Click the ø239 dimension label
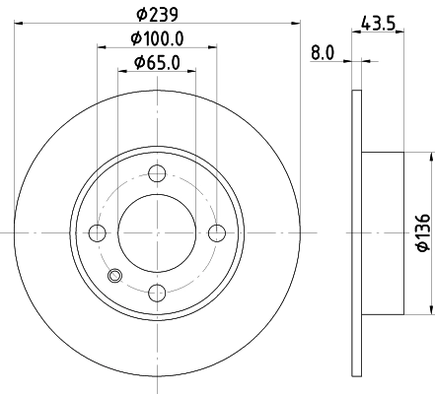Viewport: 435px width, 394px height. point(156,15)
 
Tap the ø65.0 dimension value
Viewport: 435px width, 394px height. point(156,62)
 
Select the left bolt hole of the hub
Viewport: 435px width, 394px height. point(97,232)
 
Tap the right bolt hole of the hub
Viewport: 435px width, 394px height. point(216,232)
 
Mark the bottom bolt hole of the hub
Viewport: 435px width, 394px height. point(156,292)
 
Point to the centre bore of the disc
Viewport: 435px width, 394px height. point(156,232)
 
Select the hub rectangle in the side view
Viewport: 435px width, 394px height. point(383,231)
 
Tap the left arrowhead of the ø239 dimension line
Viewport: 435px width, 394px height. point(19,26)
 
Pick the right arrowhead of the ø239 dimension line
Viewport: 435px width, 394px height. point(294,26)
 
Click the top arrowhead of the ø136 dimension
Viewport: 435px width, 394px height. point(430,157)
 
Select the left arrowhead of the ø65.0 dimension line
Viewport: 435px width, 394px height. point(122,73)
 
